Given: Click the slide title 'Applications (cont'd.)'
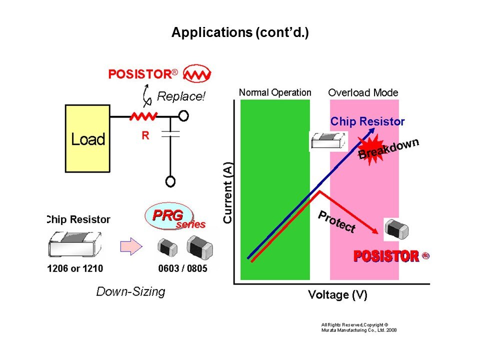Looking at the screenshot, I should [240, 33].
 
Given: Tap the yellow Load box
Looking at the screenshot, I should [87, 138].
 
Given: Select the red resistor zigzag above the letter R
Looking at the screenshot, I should [143, 116].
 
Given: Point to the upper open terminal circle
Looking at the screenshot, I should [183, 116].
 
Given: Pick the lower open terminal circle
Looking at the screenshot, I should [170, 181].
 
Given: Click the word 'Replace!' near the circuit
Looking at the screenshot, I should [181, 96].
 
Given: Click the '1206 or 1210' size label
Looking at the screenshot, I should [75, 268].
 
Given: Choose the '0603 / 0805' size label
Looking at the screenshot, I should [182, 268].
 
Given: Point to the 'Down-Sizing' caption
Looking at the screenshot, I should [130, 291].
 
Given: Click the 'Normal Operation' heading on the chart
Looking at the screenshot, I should [274, 92].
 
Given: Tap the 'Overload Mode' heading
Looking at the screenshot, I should [363, 92].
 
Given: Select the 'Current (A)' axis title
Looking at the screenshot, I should [228, 192].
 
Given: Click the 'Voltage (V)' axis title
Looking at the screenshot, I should [337, 294].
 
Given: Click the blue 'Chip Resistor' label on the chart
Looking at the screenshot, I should [367, 121].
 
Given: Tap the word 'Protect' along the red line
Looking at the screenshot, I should [336, 221].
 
